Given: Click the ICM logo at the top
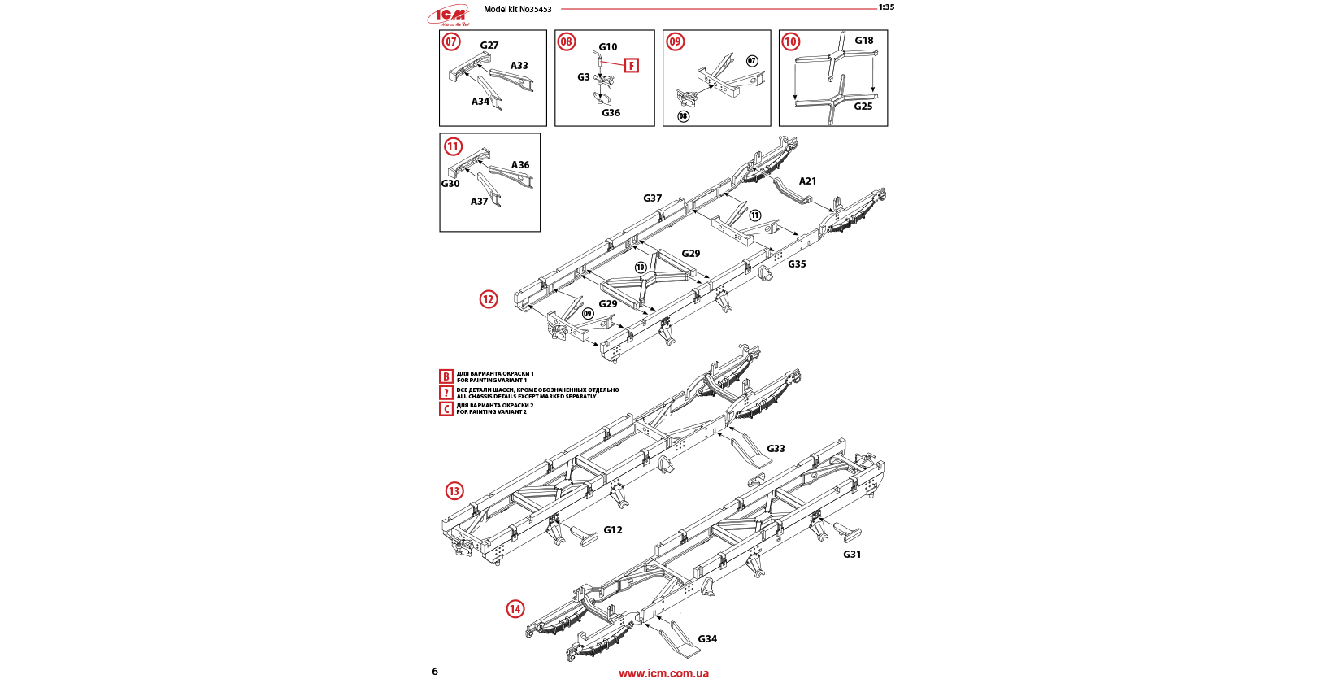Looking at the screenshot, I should click(449, 14).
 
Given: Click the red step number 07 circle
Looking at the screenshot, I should click(451, 41).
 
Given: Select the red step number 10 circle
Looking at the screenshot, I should click(790, 41).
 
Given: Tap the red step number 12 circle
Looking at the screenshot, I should click(488, 299).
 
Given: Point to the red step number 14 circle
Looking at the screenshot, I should click(515, 609).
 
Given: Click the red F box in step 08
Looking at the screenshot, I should click(632, 65).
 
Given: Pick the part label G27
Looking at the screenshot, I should click(489, 46).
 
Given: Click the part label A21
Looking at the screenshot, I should click(807, 181).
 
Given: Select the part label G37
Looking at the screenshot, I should click(653, 198).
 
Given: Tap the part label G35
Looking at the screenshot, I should click(797, 264).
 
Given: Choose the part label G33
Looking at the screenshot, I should click(776, 449).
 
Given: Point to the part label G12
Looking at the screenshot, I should click(613, 530).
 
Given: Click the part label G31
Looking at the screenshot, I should click(852, 555).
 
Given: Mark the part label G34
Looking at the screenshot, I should click(707, 639).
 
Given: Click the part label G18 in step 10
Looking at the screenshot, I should click(864, 41).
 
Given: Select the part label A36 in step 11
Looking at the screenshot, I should click(520, 165).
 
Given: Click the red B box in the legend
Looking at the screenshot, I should click(446, 376).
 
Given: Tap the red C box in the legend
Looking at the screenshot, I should click(446, 408).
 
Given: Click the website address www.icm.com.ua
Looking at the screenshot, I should click(663, 673).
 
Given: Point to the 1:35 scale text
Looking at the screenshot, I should click(886, 7).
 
